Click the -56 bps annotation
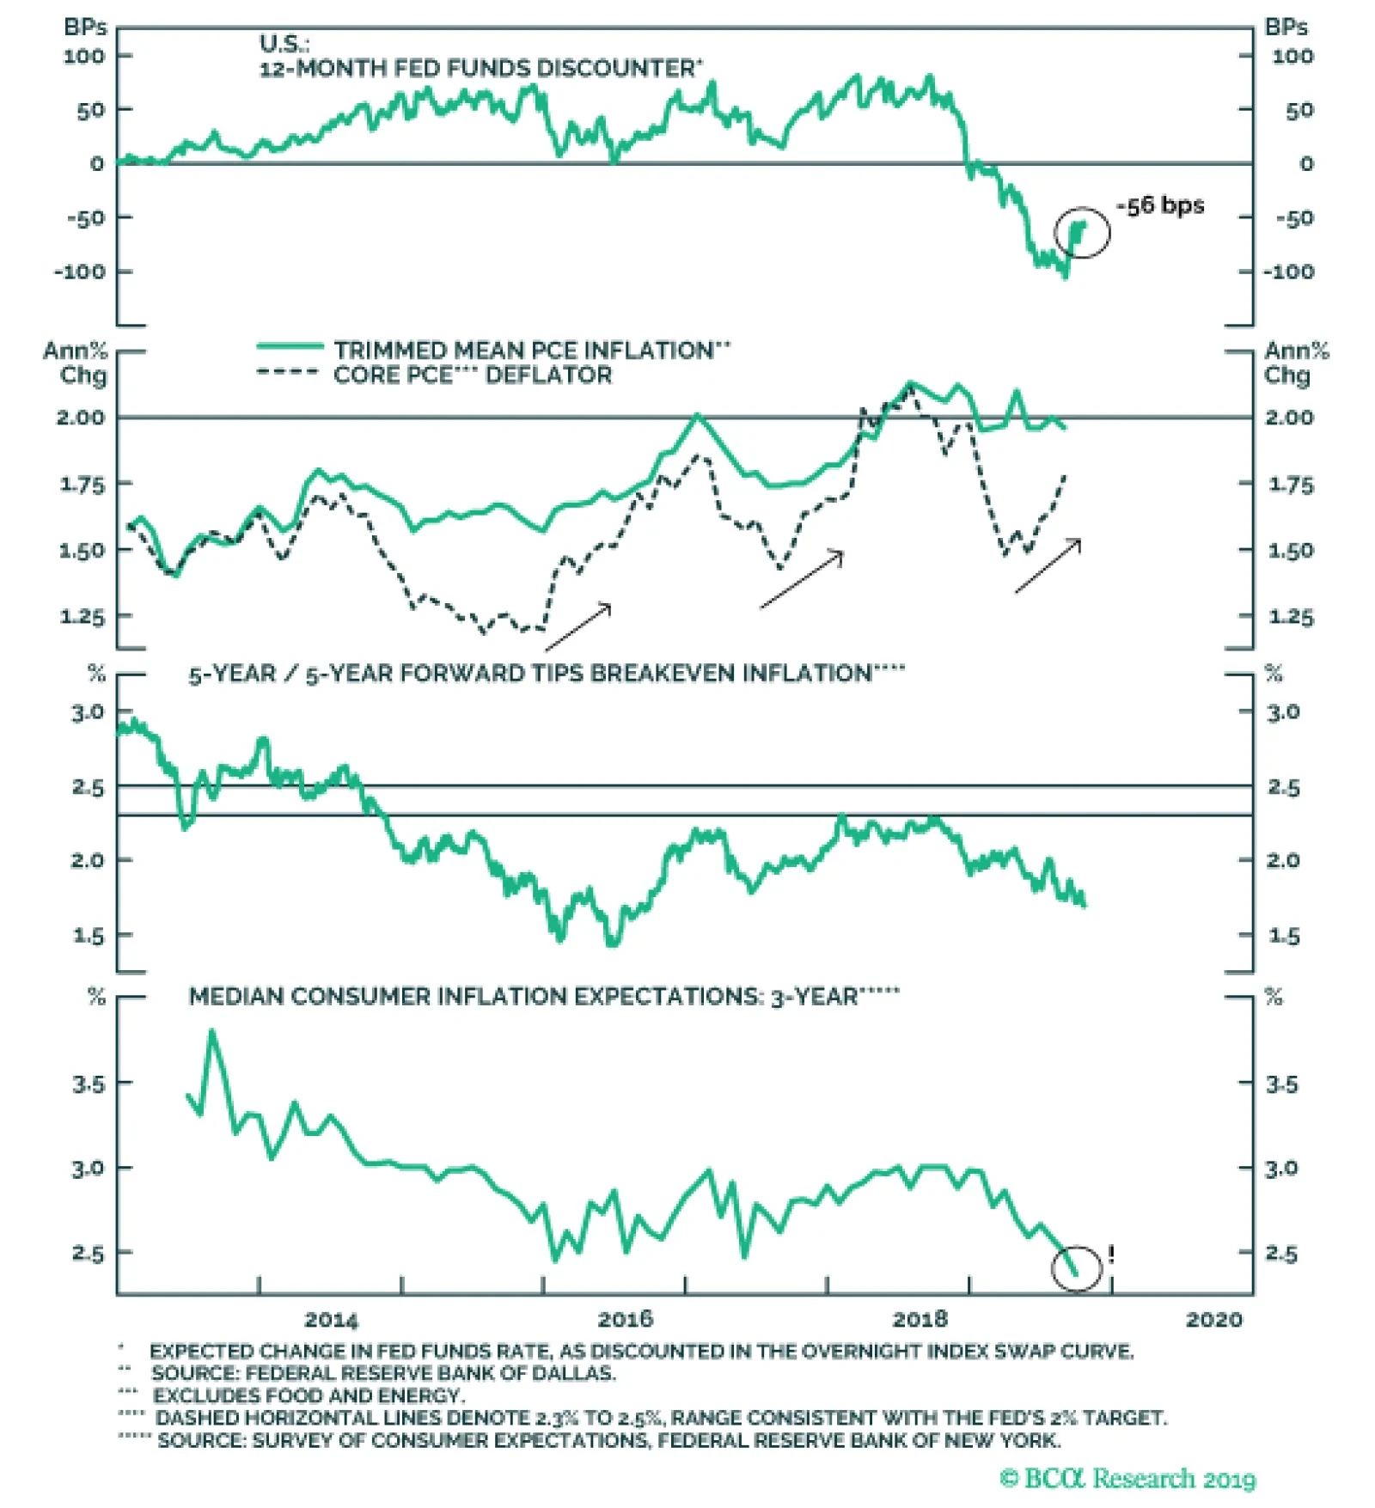[x=1160, y=205]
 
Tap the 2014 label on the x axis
[x=331, y=1319]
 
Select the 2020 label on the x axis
[x=1213, y=1319]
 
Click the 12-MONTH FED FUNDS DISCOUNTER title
[x=480, y=68]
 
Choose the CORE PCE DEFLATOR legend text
[x=473, y=375]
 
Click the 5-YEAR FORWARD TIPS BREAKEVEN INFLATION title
[x=546, y=673]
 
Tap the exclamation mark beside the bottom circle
[x=1111, y=1255]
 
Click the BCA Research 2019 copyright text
[x=1127, y=1478]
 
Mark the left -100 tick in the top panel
[x=79, y=272]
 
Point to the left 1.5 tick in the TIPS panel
[x=88, y=935]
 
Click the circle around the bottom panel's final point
[x=1077, y=1268]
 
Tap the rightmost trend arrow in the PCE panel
[x=1048, y=566]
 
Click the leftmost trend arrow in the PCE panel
[x=577, y=626]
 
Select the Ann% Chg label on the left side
[x=76, y=363]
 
